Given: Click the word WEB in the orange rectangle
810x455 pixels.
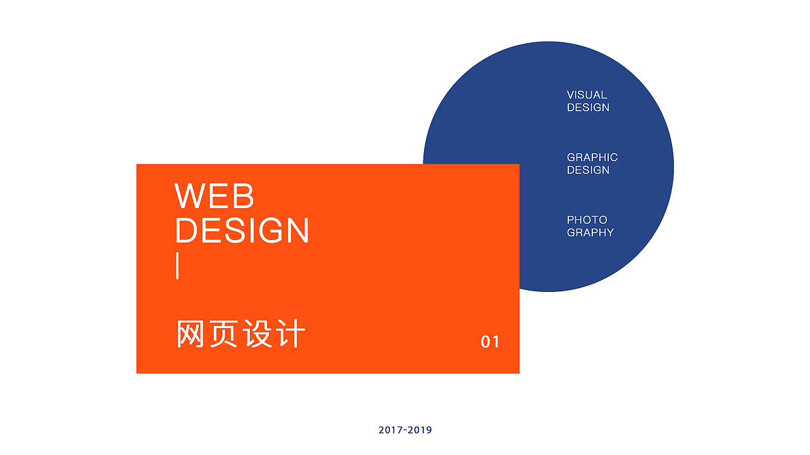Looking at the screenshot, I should pyautogui.click(x=215, y=196).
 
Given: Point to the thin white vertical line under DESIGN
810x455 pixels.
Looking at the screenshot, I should pyautogui.click(x=178, y=265).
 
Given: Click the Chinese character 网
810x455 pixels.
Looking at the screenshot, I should pyautogui.click(x=190, y=334).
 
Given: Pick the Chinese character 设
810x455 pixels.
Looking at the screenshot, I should pyautogui.click(x=258, y=334).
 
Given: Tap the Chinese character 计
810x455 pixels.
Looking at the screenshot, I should pyautogui.click(x=291, y=334).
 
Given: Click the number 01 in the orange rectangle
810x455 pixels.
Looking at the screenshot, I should pyautogui.click(x=490, y=342).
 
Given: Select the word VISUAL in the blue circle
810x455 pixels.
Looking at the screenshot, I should pyautogui.click(x=587, y=95).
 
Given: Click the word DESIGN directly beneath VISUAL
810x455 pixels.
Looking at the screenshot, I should pyautogui.click(x=588, y=107).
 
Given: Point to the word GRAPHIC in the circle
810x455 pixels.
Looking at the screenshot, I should pyautogui.click(x=592, y=157).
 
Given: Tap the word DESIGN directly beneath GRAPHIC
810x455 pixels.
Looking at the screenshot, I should pyautogui.click(x=588, y=170).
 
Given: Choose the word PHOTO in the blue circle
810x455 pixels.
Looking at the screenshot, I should pyautogui.click(x=587, y=220).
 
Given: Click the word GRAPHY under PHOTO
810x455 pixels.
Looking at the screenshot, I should pyautogui.click(x=590, y=233).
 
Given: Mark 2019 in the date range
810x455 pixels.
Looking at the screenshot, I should pyautogui.click(x=420, y=430).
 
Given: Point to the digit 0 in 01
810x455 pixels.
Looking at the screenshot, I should pyautogui.click(x=486, y=342).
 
